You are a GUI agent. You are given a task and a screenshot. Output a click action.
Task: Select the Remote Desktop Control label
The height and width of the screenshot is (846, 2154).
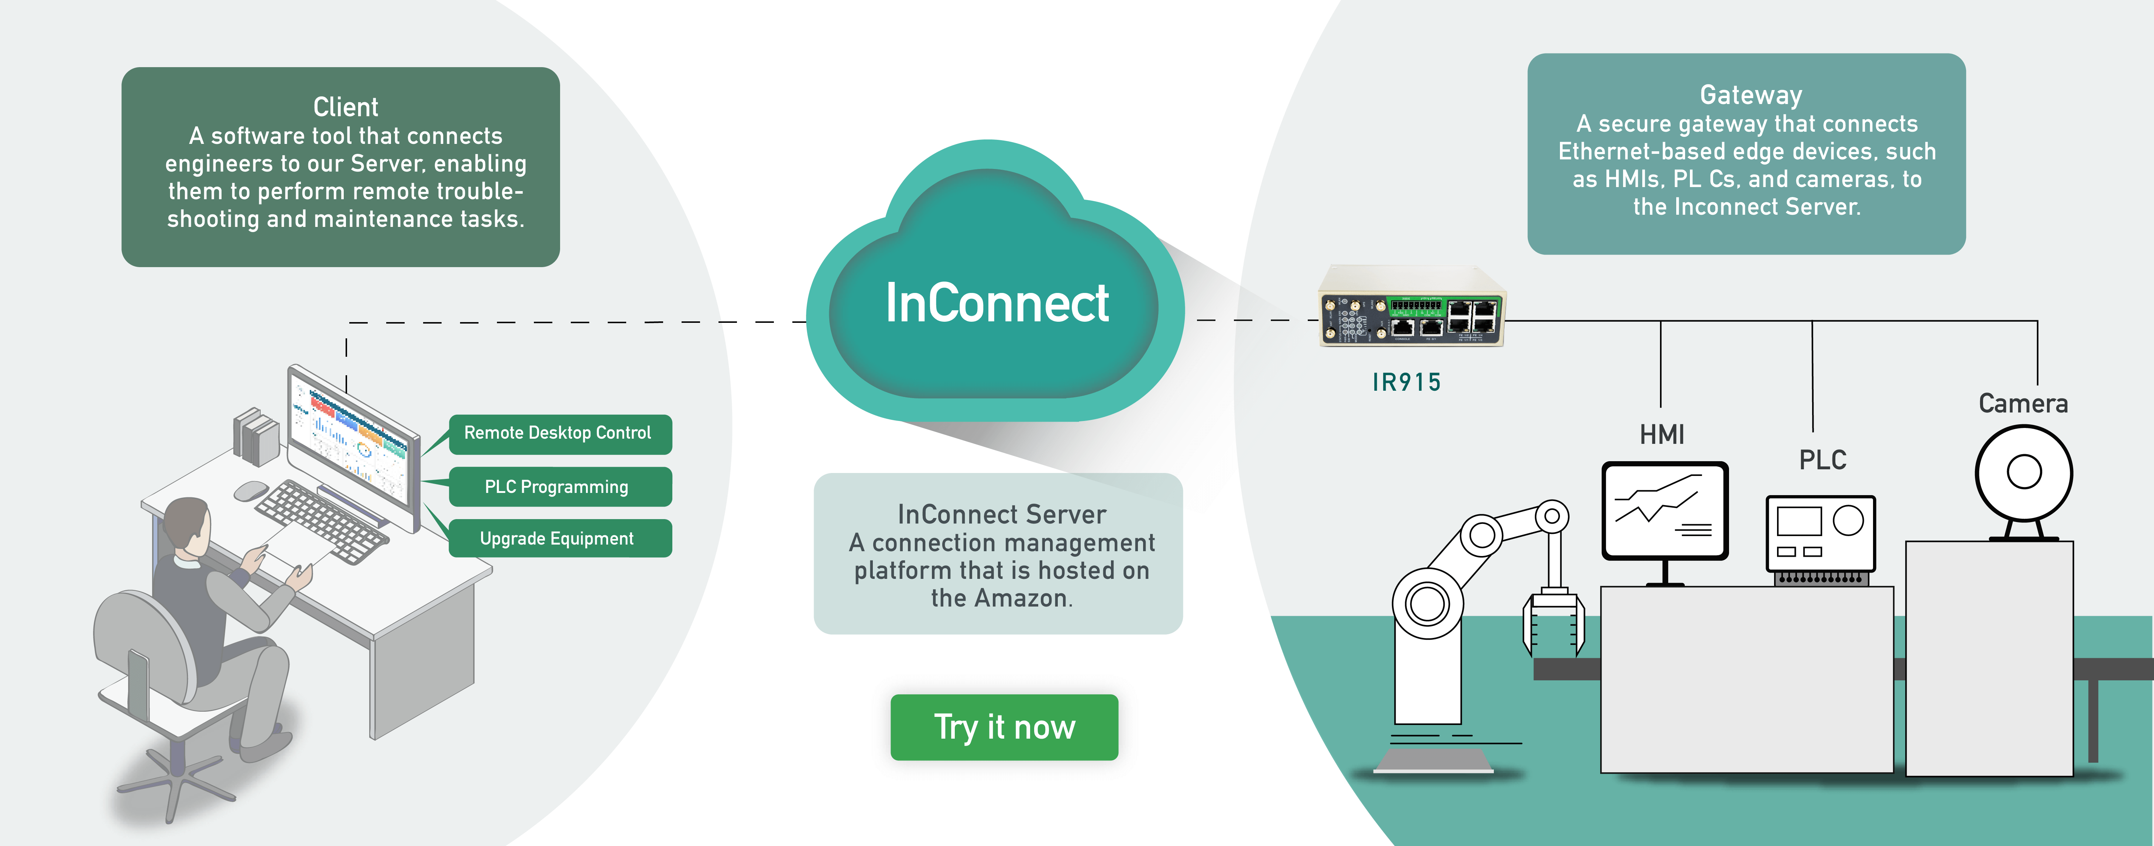click(x=558, y=433)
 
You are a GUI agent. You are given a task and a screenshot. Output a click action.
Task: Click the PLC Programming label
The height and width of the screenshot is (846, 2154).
click(x=558, y=487)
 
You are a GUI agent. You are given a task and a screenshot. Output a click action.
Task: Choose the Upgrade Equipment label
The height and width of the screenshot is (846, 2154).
click(x=558, y=538)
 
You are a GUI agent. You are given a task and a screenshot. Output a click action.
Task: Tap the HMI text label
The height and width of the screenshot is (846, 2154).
click(x=1661, y=435)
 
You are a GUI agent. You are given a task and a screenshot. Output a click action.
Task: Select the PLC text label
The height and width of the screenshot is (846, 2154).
click(x=1822, y=460)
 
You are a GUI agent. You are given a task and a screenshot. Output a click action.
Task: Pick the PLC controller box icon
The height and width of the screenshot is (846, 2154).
click(x=1820, y=535)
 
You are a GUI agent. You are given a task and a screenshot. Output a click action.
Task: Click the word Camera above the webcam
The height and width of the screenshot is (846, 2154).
click(x=2023, y=404)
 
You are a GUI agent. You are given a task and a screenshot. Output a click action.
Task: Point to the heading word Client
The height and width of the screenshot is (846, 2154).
click(x=345, y=107)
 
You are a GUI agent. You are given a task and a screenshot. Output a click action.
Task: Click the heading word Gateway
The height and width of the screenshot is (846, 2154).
click(x=1750, y=95)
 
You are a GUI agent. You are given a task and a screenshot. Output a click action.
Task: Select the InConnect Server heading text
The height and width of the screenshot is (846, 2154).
click(x=1001, y=514)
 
